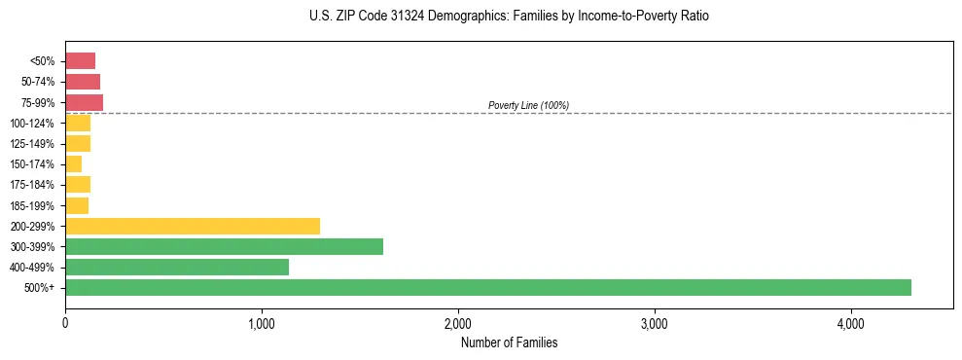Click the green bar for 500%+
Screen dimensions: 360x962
pos(487,287)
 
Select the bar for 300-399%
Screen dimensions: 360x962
pos(224,246)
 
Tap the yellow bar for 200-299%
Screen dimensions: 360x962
pos(193,226)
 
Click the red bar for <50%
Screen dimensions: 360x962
pos(80,61)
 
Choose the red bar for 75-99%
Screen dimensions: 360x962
pos(84,102)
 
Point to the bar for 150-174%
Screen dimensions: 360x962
pos(73,163)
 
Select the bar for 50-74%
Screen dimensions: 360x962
pos(83,82)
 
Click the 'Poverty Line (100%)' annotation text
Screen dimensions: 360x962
pos(528,105)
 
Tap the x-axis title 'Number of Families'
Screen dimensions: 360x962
pos(509,342)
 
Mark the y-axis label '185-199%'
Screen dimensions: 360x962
pos(32,205)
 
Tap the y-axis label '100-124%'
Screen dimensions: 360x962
pos(32,123)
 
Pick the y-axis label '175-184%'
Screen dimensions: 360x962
pos(32,185)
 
